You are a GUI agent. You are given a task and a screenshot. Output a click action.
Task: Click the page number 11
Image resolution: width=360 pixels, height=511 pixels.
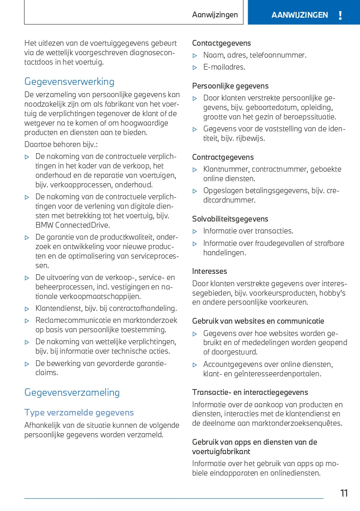[344, 493]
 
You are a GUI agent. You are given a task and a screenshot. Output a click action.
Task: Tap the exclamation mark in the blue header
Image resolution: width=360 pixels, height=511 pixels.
[340, 16]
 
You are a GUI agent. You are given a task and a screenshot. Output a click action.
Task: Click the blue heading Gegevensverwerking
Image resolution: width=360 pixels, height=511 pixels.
[69, 82]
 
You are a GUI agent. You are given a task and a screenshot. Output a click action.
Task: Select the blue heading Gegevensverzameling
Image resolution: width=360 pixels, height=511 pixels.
[72, 392]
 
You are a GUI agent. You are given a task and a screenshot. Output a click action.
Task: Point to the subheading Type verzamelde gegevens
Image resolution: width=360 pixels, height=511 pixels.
[79, 412]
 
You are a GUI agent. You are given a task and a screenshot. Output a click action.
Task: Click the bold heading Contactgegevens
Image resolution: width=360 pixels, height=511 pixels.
[221, 43]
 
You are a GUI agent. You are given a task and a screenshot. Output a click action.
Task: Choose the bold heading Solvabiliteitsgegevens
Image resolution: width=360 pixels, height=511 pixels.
[230, 219]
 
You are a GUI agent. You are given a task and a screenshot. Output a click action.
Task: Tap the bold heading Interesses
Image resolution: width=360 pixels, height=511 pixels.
[209, 271]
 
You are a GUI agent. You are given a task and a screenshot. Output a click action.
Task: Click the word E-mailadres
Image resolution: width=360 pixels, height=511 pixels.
[224, 67]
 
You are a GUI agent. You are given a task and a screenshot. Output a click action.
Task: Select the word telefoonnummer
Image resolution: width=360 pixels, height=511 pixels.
[279, 55]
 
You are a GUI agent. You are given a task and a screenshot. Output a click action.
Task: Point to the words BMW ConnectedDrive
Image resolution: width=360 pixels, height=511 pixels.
[72, 225]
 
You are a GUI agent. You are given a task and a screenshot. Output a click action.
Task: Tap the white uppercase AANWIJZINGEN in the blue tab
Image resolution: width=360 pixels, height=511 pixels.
[300, 15]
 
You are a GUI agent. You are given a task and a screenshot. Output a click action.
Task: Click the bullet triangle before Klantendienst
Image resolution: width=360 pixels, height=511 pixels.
[27, 309]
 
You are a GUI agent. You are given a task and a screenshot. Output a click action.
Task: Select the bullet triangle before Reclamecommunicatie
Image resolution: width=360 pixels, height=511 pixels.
[27, 321]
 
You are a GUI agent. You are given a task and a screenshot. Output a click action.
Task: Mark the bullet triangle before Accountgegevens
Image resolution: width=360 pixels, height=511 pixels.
[195, 365]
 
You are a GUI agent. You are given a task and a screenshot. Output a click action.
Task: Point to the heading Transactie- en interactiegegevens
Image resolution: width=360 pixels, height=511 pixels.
[250, 392]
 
